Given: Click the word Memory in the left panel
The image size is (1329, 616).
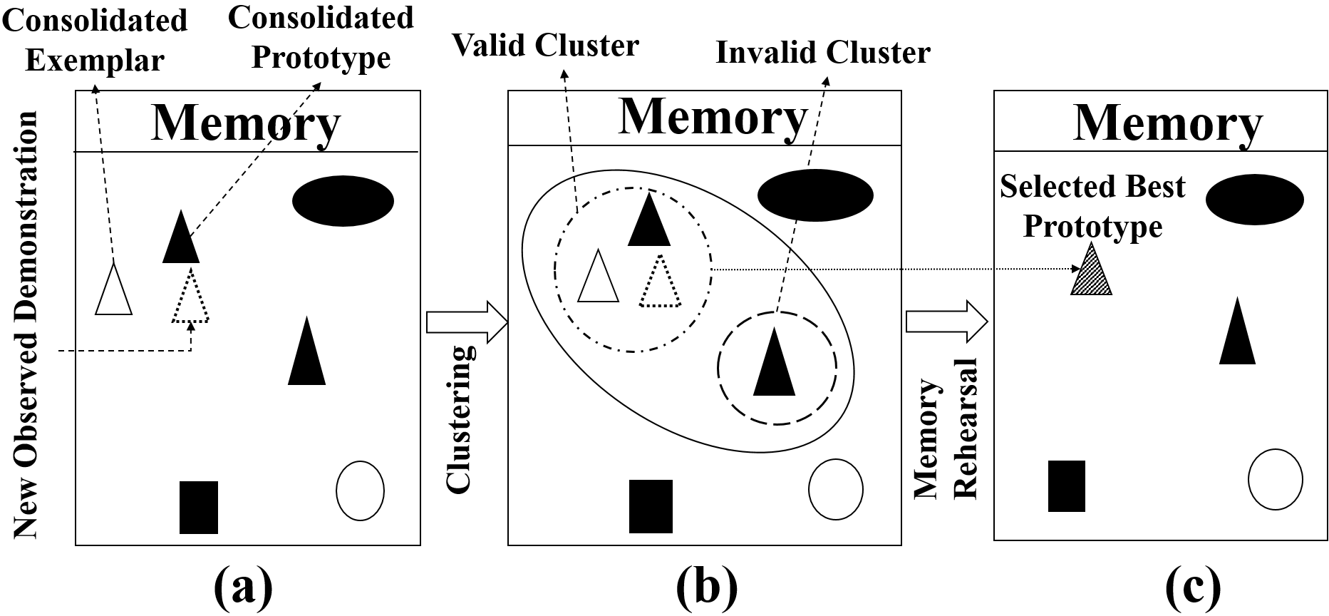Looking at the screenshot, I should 246,123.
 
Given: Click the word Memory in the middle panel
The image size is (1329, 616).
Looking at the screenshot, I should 712,116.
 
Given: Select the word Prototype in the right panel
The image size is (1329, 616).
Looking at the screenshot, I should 1092,227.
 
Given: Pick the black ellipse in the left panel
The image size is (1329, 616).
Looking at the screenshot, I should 343,200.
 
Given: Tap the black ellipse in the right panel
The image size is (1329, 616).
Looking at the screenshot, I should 1254,200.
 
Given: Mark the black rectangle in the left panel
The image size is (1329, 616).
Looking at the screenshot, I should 199,507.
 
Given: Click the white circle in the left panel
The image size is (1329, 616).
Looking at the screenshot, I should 360,491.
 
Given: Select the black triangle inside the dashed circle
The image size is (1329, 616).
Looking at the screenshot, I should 775,367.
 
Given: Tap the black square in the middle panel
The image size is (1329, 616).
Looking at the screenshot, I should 651,505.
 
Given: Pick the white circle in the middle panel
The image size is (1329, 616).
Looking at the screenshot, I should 835,489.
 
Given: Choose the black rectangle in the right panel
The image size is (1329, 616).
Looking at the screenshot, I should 1066,486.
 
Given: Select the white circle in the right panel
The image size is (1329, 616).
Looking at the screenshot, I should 1275,479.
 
